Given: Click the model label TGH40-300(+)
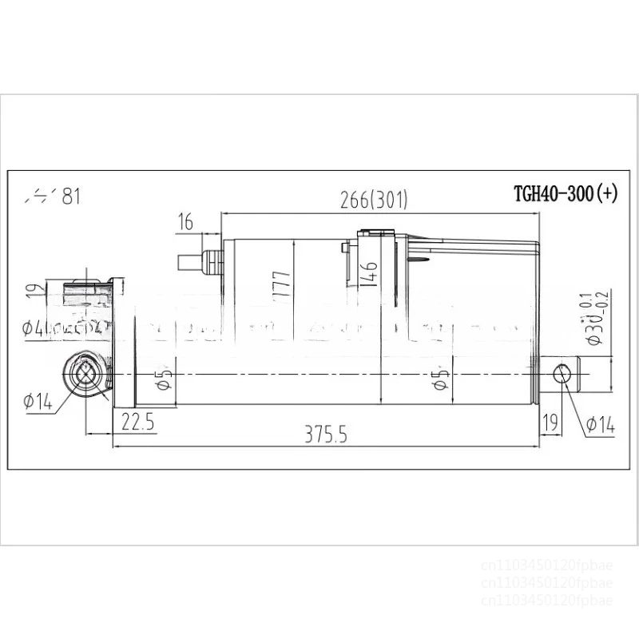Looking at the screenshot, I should [x=565, y=194].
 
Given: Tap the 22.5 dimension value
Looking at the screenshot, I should [x=137, y=421].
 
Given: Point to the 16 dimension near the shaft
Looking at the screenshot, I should [x=185, y=223].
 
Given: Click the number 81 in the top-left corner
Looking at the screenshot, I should [x=70, y=196].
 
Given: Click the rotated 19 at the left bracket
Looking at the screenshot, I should [x=32, y=292].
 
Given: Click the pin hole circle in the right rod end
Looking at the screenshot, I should [x=565, y=373].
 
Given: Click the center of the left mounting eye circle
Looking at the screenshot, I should [x=85, y=373].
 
